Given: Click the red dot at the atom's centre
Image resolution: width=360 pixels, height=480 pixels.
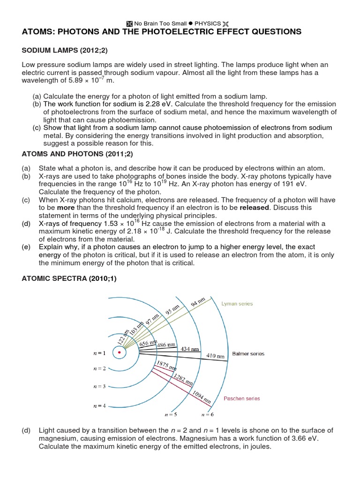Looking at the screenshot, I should pos(120,352).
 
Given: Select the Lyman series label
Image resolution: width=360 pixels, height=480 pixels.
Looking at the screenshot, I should pos(237,304).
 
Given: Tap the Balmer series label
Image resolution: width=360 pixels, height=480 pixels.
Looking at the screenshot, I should pos(248,354).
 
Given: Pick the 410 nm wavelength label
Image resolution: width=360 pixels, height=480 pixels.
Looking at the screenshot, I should pos(216,356).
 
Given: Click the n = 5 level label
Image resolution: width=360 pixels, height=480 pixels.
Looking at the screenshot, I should pos(171,414).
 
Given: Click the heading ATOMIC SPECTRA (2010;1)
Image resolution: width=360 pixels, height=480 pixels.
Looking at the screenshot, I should pos(69,278).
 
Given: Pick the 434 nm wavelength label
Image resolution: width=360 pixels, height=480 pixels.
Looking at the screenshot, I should pos(190,349).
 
